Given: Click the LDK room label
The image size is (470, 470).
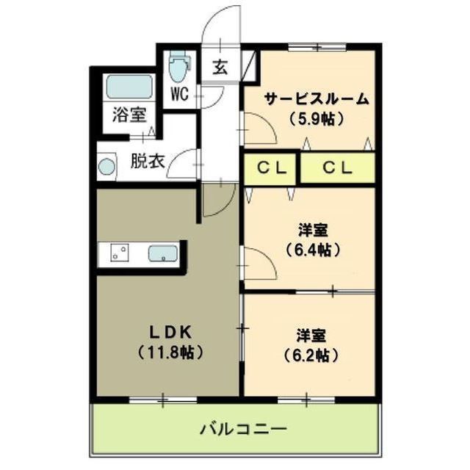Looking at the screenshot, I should (169, 330).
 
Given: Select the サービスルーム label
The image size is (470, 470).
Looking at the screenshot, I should (317, 98).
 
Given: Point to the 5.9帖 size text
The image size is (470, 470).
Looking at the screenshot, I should (317, 117).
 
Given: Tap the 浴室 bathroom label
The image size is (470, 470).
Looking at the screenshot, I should (129, 115).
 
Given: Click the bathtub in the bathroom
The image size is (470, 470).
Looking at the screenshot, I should (128, 87).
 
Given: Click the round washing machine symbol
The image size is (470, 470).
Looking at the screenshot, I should (107, 166).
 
